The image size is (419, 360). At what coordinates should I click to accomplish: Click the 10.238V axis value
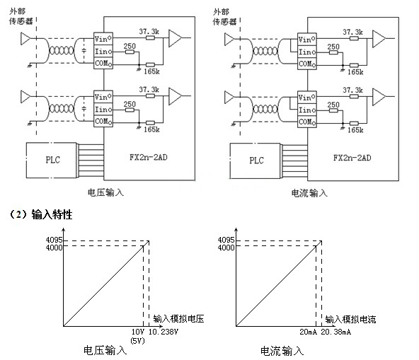pos(164,331)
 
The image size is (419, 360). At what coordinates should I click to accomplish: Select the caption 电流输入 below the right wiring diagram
pos(308,192)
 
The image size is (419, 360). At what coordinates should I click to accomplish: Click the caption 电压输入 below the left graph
pos(104,349)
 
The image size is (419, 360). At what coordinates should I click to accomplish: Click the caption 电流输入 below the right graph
pos(281,349)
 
